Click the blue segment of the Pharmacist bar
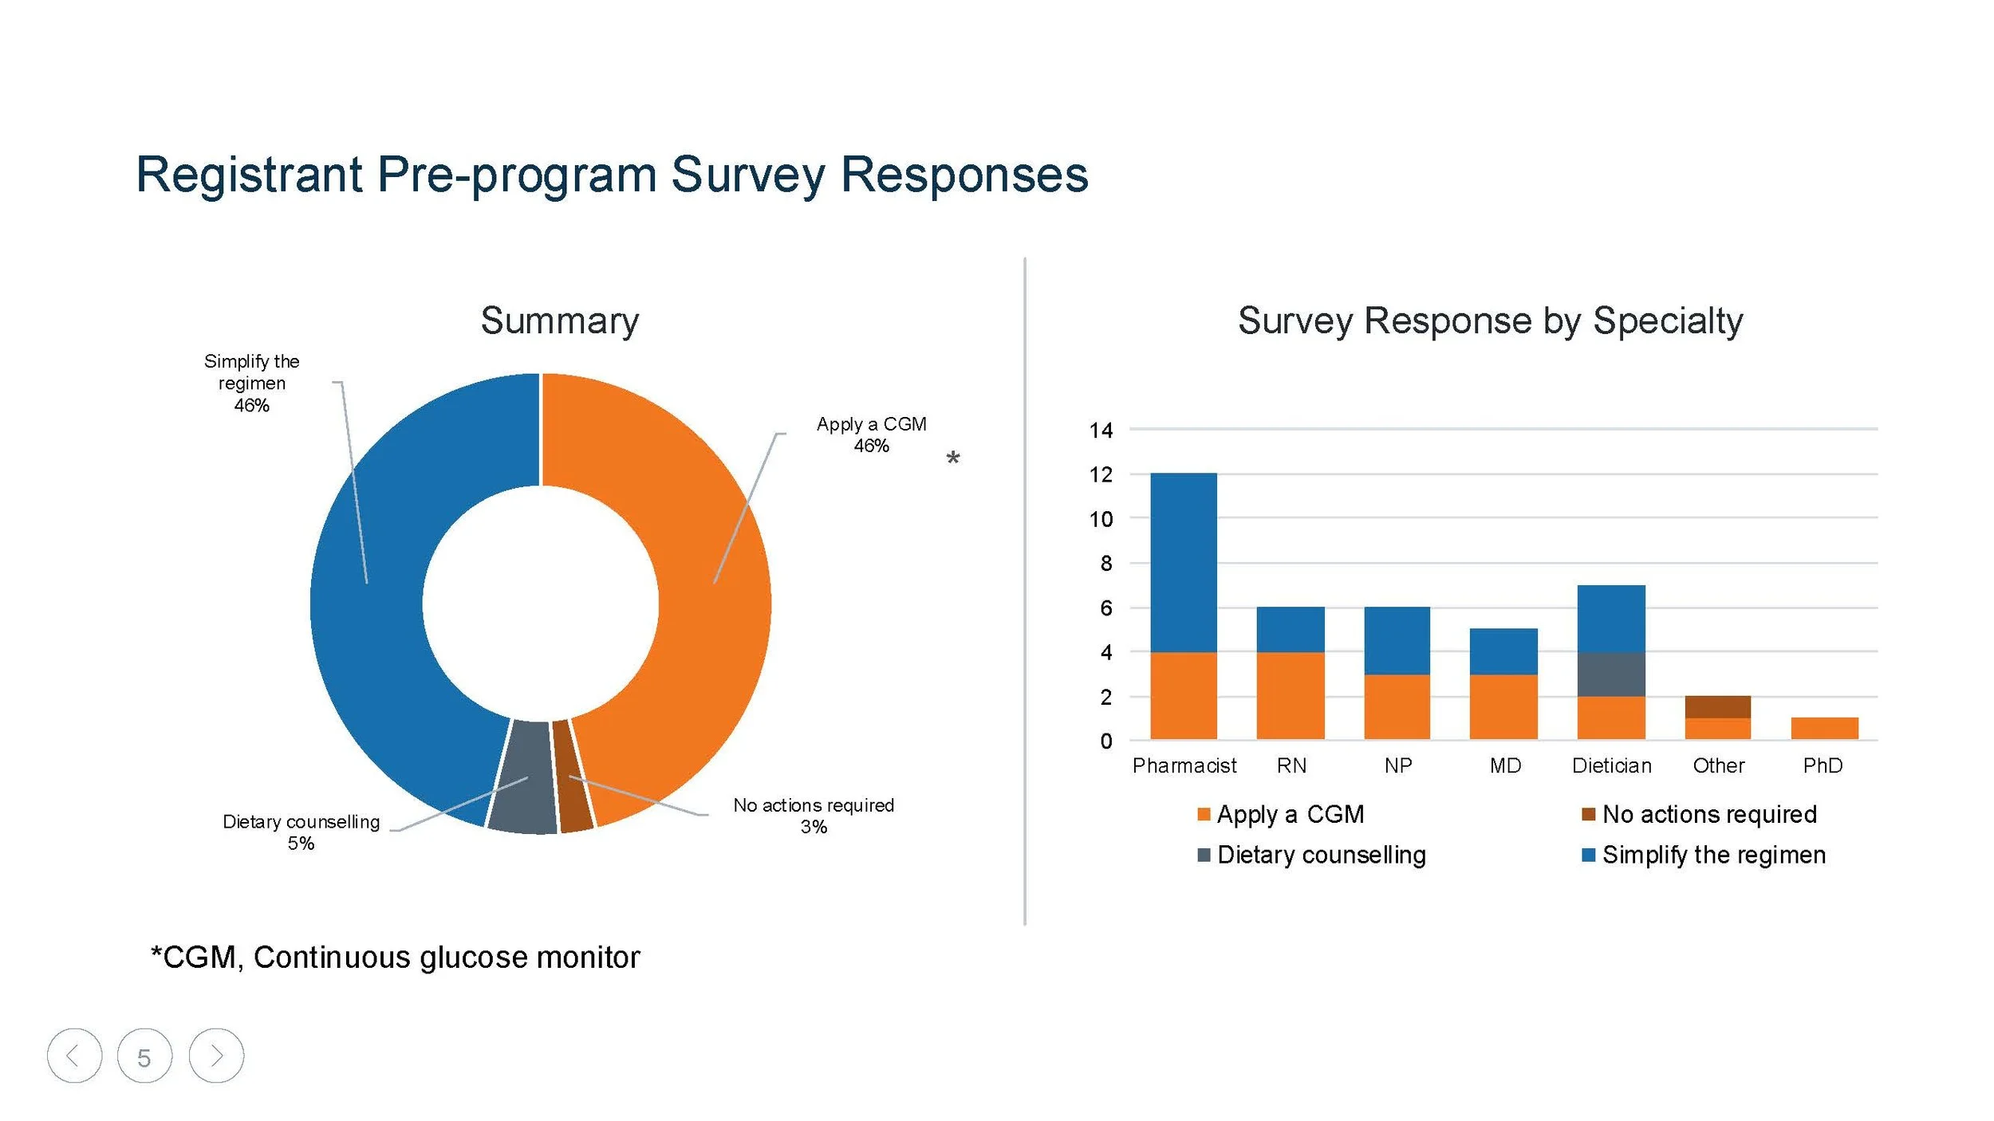click(1184, 562)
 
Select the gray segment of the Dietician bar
click(1611, 674)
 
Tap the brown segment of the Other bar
click(1718, 706)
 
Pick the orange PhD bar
click(1824, 728)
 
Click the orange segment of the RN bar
click(1291, 695)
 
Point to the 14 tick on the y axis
click(1101, 431)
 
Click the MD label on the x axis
click(1505, 765)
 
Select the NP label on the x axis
click(1398, 765)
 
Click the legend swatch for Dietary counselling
click(1204, 855)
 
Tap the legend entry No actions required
click(1709, 814)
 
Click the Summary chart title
click(559, 321)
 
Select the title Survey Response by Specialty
click(1490, 321)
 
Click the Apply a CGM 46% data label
click(871, 435)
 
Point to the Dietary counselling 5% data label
click(301, 832)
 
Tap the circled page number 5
click(144, 1056)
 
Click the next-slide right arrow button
click(216, 1056)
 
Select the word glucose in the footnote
click(473, 958)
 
